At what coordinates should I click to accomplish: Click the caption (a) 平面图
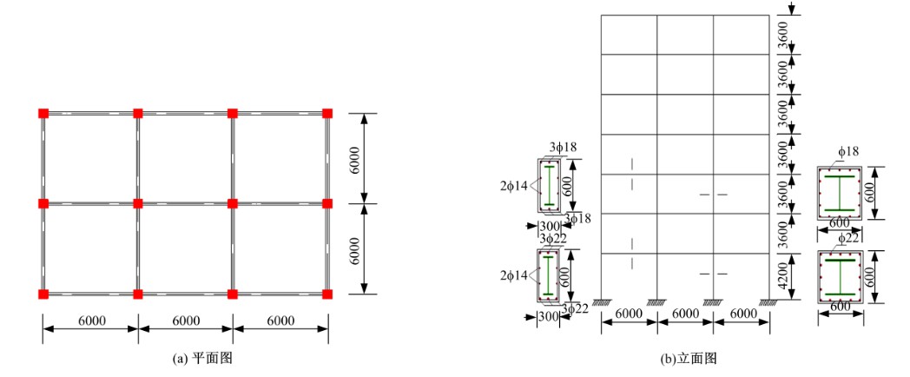(x=202, y=359)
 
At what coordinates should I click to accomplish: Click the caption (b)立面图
(x=689, y=359)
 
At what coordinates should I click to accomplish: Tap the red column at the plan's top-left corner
(x=43, y=113)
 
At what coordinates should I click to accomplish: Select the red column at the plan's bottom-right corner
(x=327, y=294)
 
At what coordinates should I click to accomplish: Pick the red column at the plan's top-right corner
(x=327, y=113)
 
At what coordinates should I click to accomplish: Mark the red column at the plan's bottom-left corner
(x=43, y=294)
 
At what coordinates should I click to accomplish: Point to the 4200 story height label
(x=783, y=276)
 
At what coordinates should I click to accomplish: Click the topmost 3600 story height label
(x=783, y=35)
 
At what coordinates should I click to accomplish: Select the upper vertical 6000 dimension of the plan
(x=355, y=158)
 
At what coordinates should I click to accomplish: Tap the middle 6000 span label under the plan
(x=186, y=321)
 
